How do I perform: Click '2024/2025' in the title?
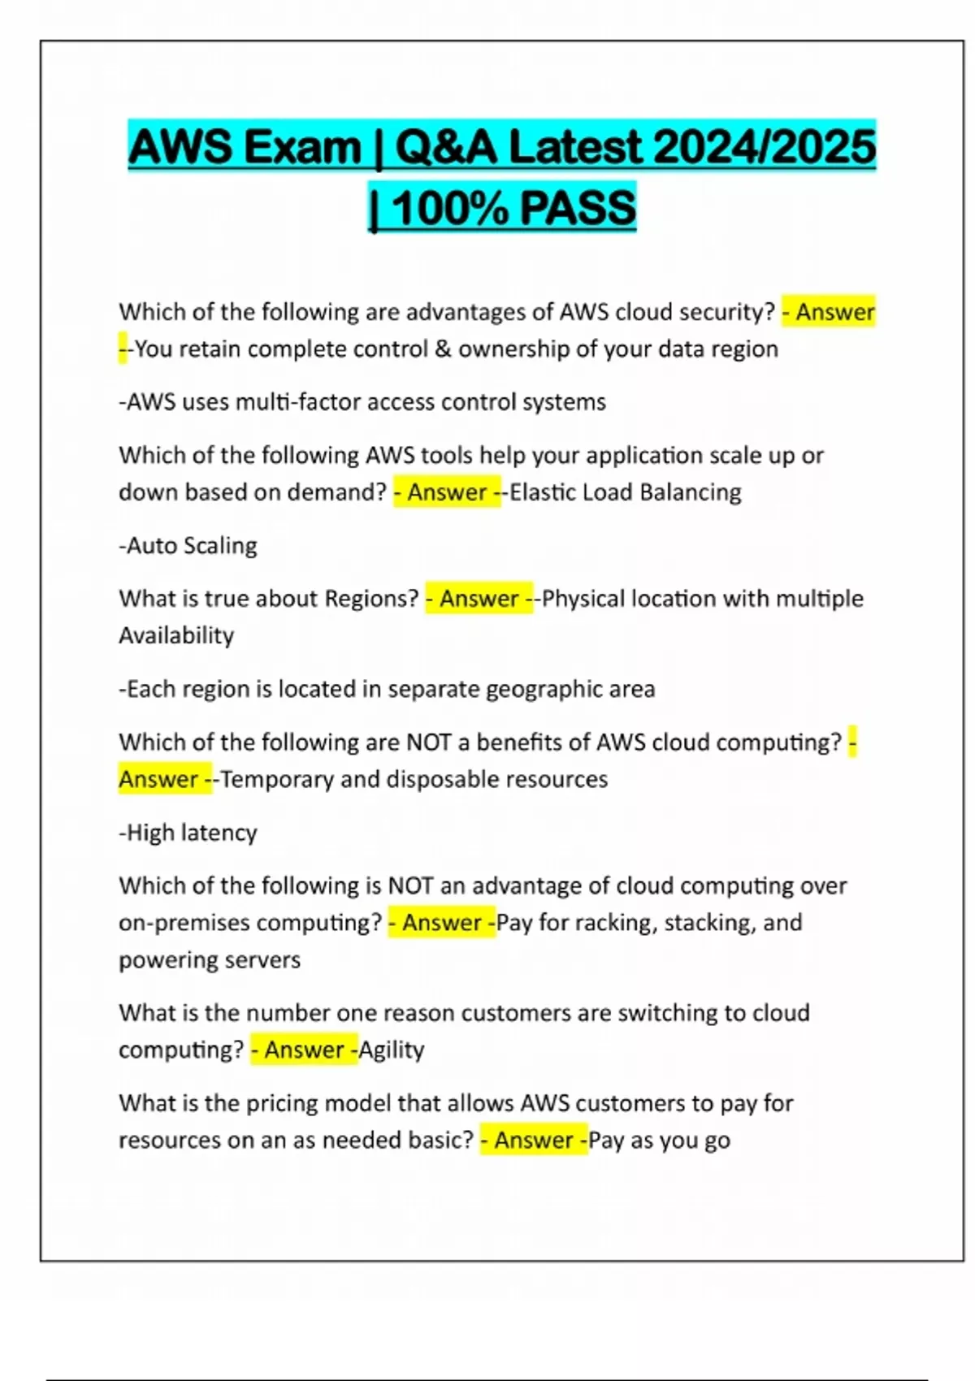(x=764, y=147)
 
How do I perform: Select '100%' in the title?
(x=450, y=207)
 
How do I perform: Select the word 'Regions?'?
(x=371, y=599)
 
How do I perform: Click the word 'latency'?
(x=219, y=833)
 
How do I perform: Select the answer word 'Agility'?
(x=392, y=1050)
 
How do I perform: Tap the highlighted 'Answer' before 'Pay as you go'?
(x=534, y=1140)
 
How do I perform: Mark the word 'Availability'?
(x=176, y=635)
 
